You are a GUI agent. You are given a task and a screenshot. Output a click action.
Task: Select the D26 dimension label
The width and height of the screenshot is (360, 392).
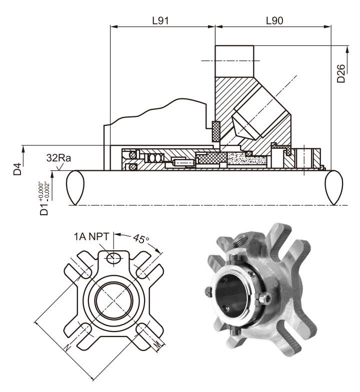coord(341,75)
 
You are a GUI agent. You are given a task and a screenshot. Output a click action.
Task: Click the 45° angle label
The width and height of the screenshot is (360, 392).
coord(142,239)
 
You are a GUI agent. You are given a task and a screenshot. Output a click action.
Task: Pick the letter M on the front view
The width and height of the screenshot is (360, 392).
coord(158,344)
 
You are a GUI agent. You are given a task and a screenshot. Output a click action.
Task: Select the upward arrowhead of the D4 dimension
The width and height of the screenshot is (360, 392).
coord(22,147)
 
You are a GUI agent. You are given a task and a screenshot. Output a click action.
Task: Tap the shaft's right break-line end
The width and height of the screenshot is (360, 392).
coord(334,187)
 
